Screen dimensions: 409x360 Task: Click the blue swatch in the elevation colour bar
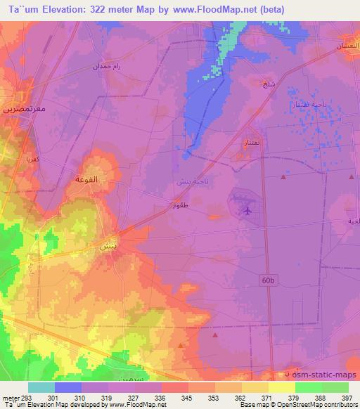68,387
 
